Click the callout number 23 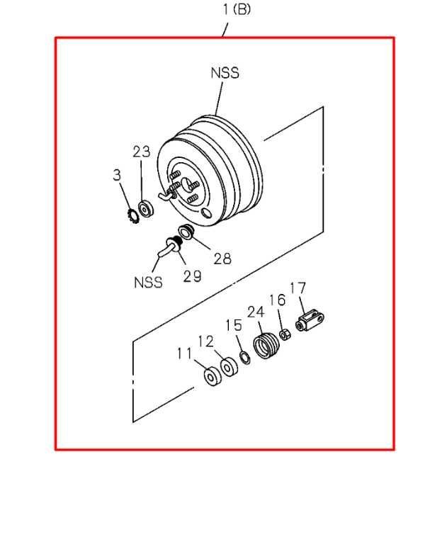pyautogui.click(x=142, y=152)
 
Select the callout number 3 pyautogui.click(x=118, y=175)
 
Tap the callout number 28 pyautogui.click(x=222, y=259)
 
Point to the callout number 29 pyautogui.click(x=192, y=276)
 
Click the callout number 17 pyautogui.click(x=298, y=288)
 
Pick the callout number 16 pyautogui.click(x=277, y=300)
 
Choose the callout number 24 pyautogui.click(x=256, y=312)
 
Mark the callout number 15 pyautogui.click(x=234, y=325)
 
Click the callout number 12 pyautogui.click(x=206, y=341)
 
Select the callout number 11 pyautogui.click(x=184, y=353)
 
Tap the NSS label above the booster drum pyautogui.click(x=225, y=73)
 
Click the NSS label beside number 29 pyautogui.click(x=148, y=283)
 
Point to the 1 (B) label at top pyautogui.click(x=237, y=9)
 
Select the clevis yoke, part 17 pyautogui.click(x=310, y=321)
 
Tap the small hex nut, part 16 pyautogui.click(x=285, y=335)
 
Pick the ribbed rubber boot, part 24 pyautogui.click(x=266, y=346)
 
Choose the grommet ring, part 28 pyautogui.click(x=186, y=232)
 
